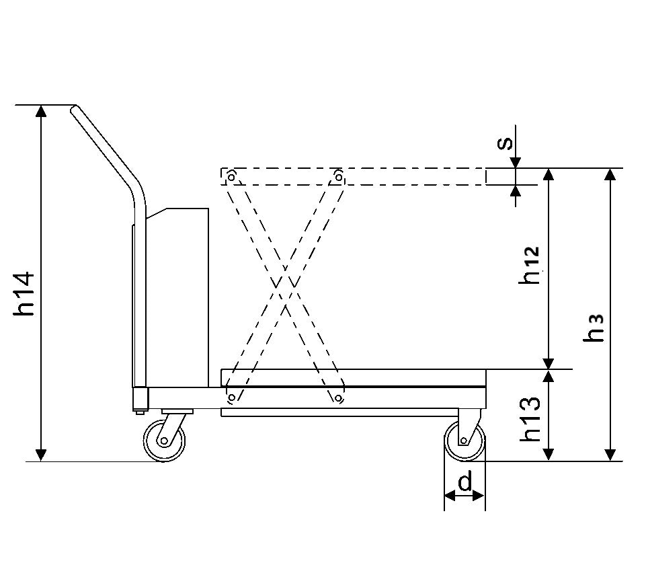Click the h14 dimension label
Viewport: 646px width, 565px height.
pos(24,293)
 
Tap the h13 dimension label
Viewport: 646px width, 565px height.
pos(530,418)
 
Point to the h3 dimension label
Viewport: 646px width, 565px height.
pos(594,328)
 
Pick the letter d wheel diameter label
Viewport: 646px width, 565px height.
pos(465,482)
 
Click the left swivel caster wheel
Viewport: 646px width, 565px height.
pos(164,441)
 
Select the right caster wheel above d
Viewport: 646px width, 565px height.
pos(465,441)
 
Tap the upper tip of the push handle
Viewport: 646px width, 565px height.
pos(74,108)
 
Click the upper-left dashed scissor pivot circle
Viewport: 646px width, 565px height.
pos(231,177)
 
